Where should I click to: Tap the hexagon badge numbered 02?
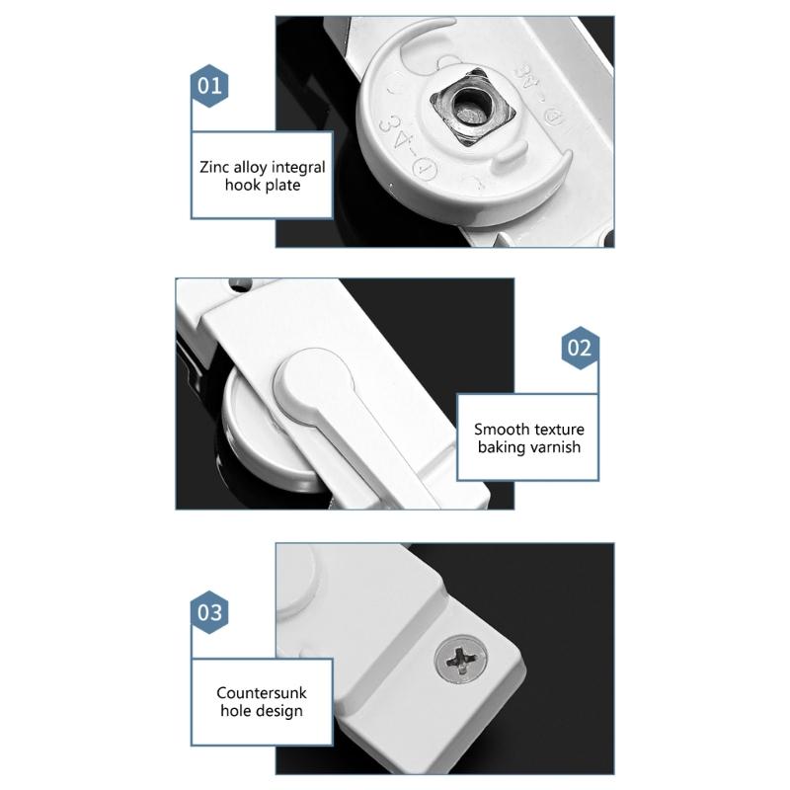[x=580, y=349]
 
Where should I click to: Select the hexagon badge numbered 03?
[x=209, y=611]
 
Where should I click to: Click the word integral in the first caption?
[x=299, y=167]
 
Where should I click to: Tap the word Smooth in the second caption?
[x=501, y=430]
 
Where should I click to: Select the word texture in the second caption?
[x=559, y=430]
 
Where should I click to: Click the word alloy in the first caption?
[x=254, y=167]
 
